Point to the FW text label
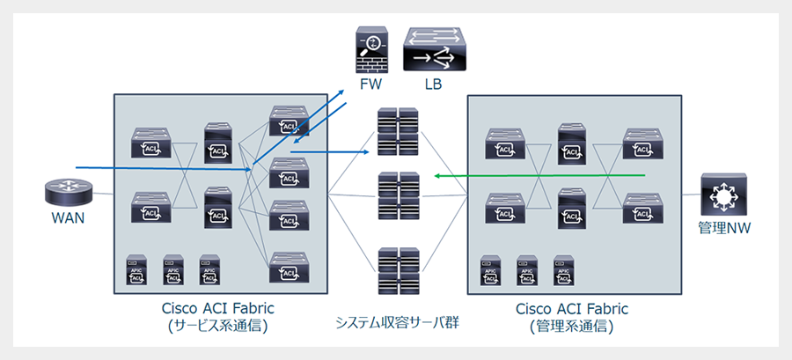point(371,84)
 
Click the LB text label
point(431,84)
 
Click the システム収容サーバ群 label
point(398,322)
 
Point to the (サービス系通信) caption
point(218,326)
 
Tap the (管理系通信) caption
point(571,326)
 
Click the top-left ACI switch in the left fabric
point(150,144)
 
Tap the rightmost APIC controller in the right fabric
point(563,271)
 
